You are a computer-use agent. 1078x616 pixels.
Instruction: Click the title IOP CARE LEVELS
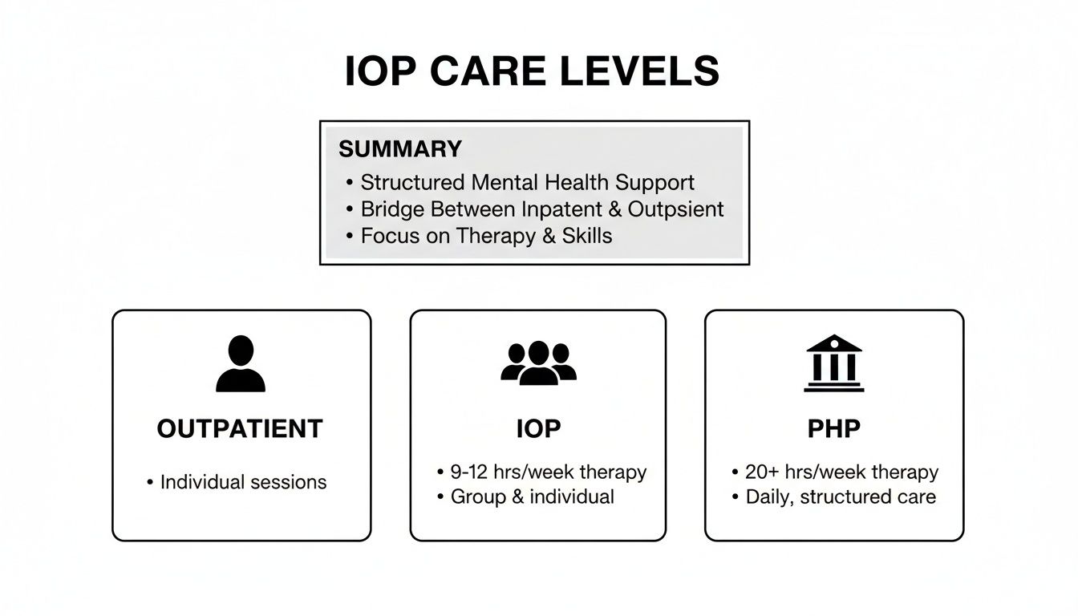point(532,72)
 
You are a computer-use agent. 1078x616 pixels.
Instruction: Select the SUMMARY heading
point(400,149)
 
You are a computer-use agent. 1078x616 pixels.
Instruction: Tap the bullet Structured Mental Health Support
point(527,182)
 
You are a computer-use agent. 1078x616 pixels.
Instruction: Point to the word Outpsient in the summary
point(675,209)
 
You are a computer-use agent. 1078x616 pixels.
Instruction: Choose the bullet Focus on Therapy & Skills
point(486,236)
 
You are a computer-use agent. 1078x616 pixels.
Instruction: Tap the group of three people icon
point(538,363)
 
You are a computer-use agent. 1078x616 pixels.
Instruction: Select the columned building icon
point(834,363)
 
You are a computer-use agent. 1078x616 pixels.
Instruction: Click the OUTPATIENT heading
point(240,429)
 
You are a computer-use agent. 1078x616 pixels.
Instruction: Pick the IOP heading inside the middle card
point(538,429)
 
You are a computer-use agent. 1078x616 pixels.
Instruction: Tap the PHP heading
point(834,429)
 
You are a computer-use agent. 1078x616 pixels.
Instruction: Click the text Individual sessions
point(243,482)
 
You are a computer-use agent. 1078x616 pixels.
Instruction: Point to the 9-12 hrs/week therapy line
point(548,472)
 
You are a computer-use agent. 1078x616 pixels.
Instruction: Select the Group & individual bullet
point(532,496)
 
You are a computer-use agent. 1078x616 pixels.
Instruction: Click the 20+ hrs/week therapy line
point(841,472)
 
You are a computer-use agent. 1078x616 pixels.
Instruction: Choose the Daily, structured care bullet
point(841,496)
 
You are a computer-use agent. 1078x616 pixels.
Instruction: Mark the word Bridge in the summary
point(392,209)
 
